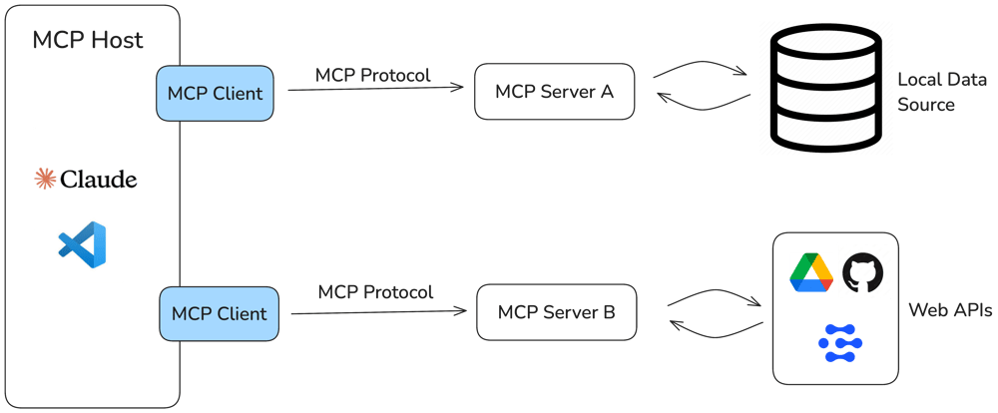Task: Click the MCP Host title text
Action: [88, 41]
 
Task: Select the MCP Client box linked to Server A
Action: [215, 94]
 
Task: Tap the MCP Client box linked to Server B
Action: [219, 313]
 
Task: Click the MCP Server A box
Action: [554, 93]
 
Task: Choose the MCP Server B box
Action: [556, 312]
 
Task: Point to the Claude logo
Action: [86, 180]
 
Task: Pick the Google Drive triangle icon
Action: [811, 272]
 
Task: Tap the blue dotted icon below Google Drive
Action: [840, 342]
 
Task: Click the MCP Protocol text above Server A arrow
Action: [373, 75]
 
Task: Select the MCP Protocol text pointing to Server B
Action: [375, 292]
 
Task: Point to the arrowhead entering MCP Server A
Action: [460, 88]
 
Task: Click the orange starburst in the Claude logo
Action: [45, 180]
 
